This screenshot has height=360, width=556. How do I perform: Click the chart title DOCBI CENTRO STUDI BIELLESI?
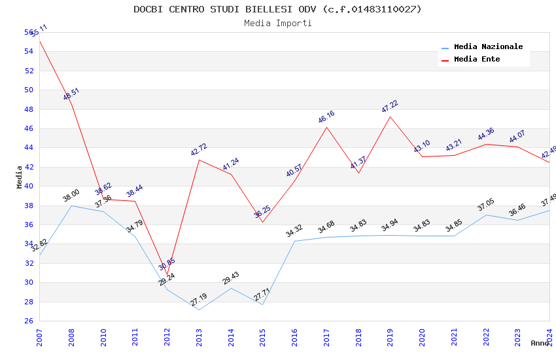[x=277, y=9]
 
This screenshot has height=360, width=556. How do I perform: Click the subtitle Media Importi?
[x=277, y=23]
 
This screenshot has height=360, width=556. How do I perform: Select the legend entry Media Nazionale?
[x=488, y=47]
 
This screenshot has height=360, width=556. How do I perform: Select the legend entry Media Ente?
[x=477, y=60]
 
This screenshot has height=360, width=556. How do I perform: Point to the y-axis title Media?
[x=20, y=176]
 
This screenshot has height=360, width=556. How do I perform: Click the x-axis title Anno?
[x=540, y=343]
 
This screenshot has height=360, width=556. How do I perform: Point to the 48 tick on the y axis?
[x=29, y=109]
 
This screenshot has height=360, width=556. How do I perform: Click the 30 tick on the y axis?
[x=29, y=283]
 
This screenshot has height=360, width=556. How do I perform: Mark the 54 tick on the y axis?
[x=29, y=52]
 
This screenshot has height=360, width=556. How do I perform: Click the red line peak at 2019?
[x=391, y=117]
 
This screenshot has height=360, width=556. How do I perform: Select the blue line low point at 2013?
[x=199, y=310]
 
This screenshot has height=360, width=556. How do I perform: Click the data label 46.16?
[x=326, y=117]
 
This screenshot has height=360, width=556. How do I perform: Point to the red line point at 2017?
[x=326, y=127]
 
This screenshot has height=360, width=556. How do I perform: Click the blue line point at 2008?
[x=71, y=206]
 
